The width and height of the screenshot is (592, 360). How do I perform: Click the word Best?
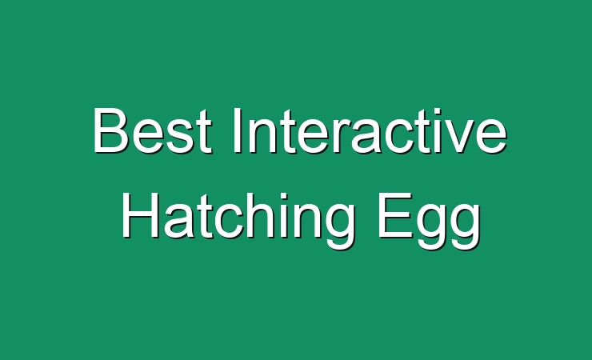(x=152, y=130)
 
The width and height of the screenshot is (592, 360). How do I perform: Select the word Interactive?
(x=370, y=130)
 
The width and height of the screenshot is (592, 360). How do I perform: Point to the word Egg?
(x=430, y=220)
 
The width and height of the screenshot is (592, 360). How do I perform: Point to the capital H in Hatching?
(x=139, y=214)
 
